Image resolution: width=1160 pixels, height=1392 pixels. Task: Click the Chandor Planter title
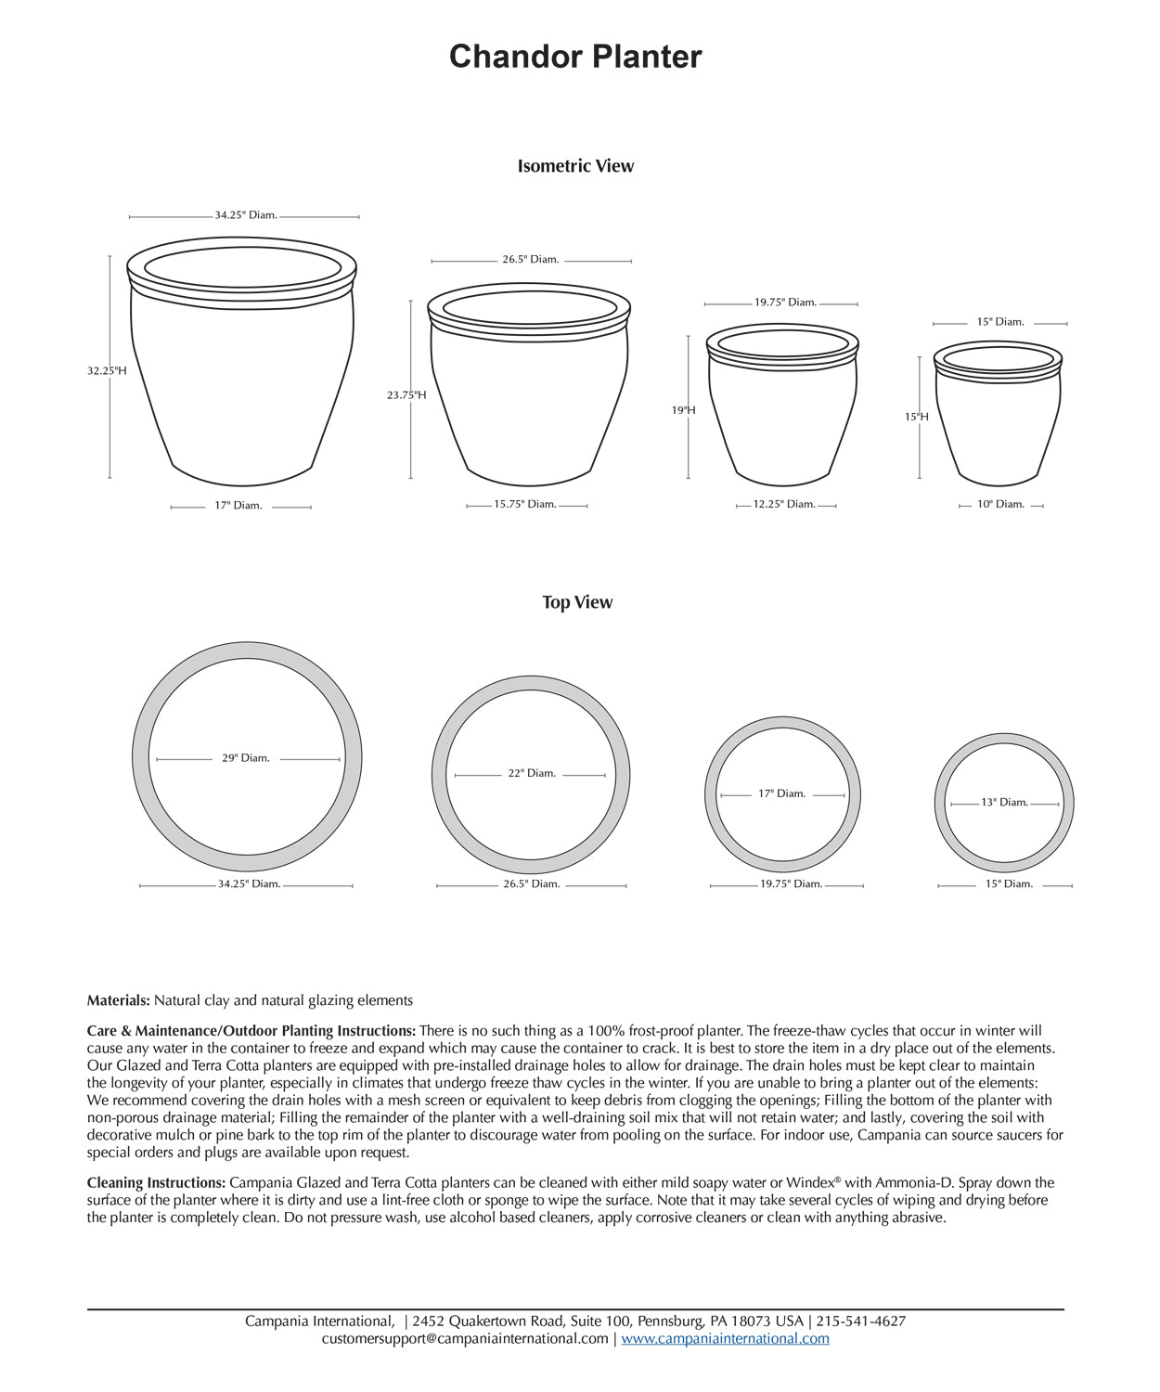point(575,57)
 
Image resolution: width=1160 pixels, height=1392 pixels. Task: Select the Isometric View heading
point(575,166)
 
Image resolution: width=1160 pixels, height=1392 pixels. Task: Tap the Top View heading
point(577,602)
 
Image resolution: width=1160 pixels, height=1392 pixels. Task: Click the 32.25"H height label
point(107,370)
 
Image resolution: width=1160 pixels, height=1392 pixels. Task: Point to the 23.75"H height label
point(406,394)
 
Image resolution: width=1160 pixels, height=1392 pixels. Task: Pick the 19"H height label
point(684,409)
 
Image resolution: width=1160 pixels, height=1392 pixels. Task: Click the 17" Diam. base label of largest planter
point(238,506)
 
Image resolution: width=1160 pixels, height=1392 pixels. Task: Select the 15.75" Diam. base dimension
point(525,504)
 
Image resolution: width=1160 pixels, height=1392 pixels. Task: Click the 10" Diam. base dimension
point(1000,504)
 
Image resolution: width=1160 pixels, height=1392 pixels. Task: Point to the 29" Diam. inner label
point(246,758)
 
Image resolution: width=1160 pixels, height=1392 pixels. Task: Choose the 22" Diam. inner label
point(532,773)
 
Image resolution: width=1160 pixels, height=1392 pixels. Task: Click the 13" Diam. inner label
point(1005,802)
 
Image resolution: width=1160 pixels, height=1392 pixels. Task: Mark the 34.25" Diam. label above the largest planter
point(246,215)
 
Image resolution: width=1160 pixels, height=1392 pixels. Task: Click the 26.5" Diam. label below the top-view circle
point(532,883)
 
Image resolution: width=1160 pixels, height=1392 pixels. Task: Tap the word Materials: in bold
point(119,1000)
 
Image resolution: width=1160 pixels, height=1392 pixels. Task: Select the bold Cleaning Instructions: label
point(156,1182)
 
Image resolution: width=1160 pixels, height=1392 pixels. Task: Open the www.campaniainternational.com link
point(726,1338)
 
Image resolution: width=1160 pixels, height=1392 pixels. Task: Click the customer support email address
point(465,1338)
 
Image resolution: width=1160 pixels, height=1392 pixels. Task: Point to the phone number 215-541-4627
point(861,1321)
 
